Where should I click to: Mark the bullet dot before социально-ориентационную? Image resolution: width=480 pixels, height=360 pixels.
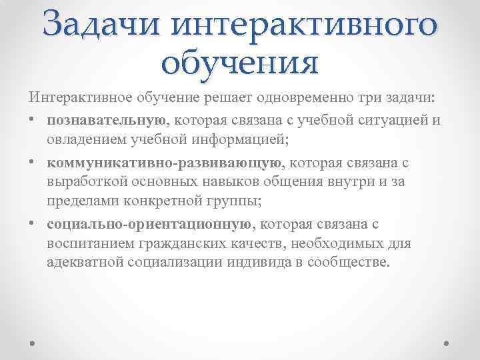tap(32, 225)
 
